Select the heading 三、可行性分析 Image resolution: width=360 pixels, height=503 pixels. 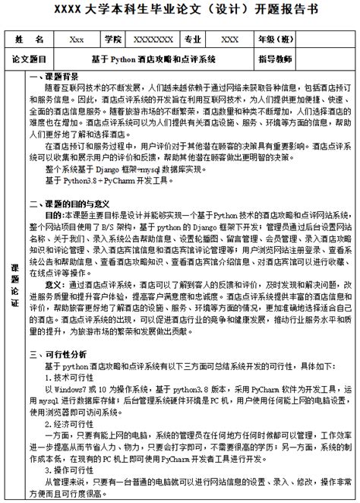(x=58, y=353)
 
